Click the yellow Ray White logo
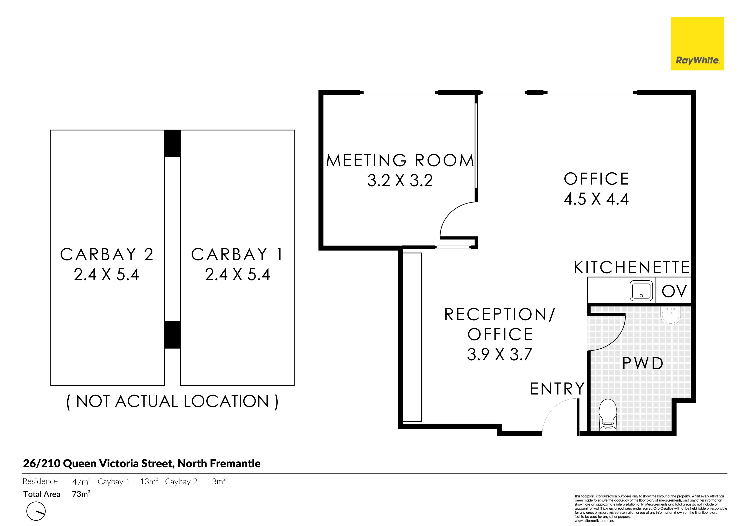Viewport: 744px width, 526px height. point(697,44)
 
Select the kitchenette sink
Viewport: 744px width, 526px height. point(641,291)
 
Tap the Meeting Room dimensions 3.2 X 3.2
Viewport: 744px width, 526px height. point(400,180)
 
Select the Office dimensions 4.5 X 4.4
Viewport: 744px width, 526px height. point(596,199)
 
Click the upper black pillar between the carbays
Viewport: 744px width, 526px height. point(172,144)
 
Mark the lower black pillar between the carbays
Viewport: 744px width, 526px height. point(172,335)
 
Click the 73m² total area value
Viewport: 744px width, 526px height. point(81,494)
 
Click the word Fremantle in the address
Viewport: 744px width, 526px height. point(235,463)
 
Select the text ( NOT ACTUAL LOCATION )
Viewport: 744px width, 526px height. point(172,402)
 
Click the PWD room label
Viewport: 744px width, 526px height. point(643,363)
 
